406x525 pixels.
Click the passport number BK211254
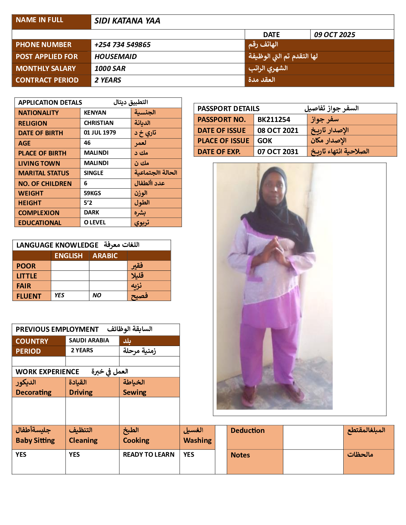[274, 120]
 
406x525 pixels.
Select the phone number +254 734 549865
[122, 45]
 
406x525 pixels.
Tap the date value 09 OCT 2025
[334, 35]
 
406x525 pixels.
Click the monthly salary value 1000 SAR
[110, 69]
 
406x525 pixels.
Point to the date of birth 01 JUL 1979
[100, 133]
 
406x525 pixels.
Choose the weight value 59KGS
[92, 193]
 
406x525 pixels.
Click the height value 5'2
[88, 203]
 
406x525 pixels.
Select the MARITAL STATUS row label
[44, 173]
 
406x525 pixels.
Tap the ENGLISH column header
[69, 256]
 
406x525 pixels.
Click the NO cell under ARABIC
[97, 295]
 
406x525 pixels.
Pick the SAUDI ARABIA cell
[89, 340]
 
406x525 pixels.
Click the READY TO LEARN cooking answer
[149, 454]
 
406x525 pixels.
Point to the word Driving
[81, 392]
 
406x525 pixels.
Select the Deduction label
[247, 431]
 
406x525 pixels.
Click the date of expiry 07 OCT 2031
[278, 152]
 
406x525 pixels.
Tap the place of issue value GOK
[265, 141]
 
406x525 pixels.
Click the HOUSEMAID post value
[115, 57]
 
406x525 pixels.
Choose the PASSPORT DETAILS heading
[229, 109]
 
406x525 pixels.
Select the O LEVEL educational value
[95, 222]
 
